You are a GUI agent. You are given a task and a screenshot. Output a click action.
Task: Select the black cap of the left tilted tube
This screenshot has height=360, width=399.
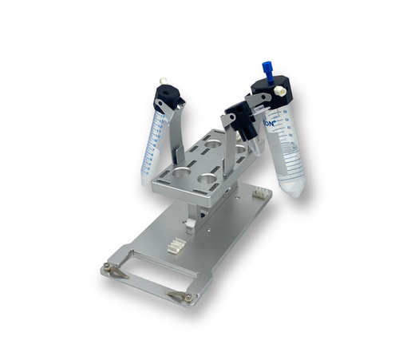tap(167, 99)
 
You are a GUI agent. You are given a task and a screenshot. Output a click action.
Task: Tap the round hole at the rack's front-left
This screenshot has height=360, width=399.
tap(182, 170)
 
